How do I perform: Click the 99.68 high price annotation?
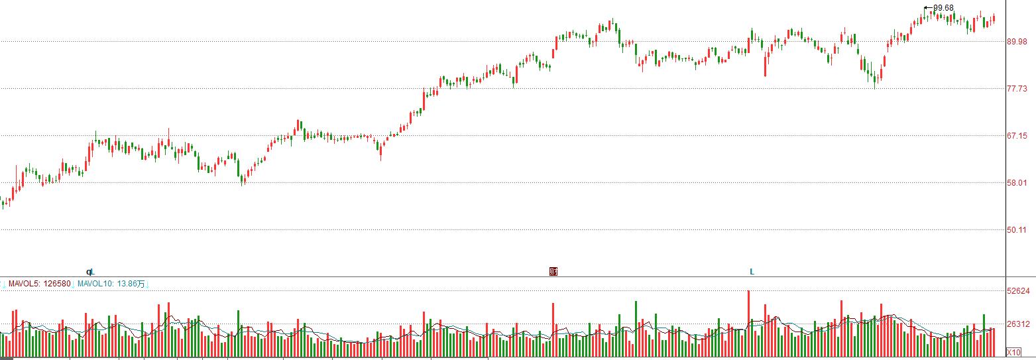pos(944,8)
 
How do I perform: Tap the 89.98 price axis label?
pos(1017,42)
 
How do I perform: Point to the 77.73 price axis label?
pos(1017,88)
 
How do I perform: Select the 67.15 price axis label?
pos(1017,136)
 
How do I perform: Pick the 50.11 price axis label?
pos(1017,230)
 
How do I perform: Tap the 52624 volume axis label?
pos(1018,291)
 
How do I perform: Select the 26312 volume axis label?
pos(1018,324)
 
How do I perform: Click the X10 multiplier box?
pos(1013,352)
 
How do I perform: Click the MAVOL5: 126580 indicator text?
pos(39,284)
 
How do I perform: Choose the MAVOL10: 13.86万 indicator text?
pos(111,284)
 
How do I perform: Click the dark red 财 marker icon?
pos(553,272)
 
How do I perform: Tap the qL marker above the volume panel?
pos(91,272)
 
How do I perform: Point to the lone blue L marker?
pos(752,272)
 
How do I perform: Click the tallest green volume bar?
pos(636,329)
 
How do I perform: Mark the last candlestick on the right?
pos(994,19)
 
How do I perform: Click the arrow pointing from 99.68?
pos(928,8)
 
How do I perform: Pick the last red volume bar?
pos(994,343)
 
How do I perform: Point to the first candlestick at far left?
pos(3,202)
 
